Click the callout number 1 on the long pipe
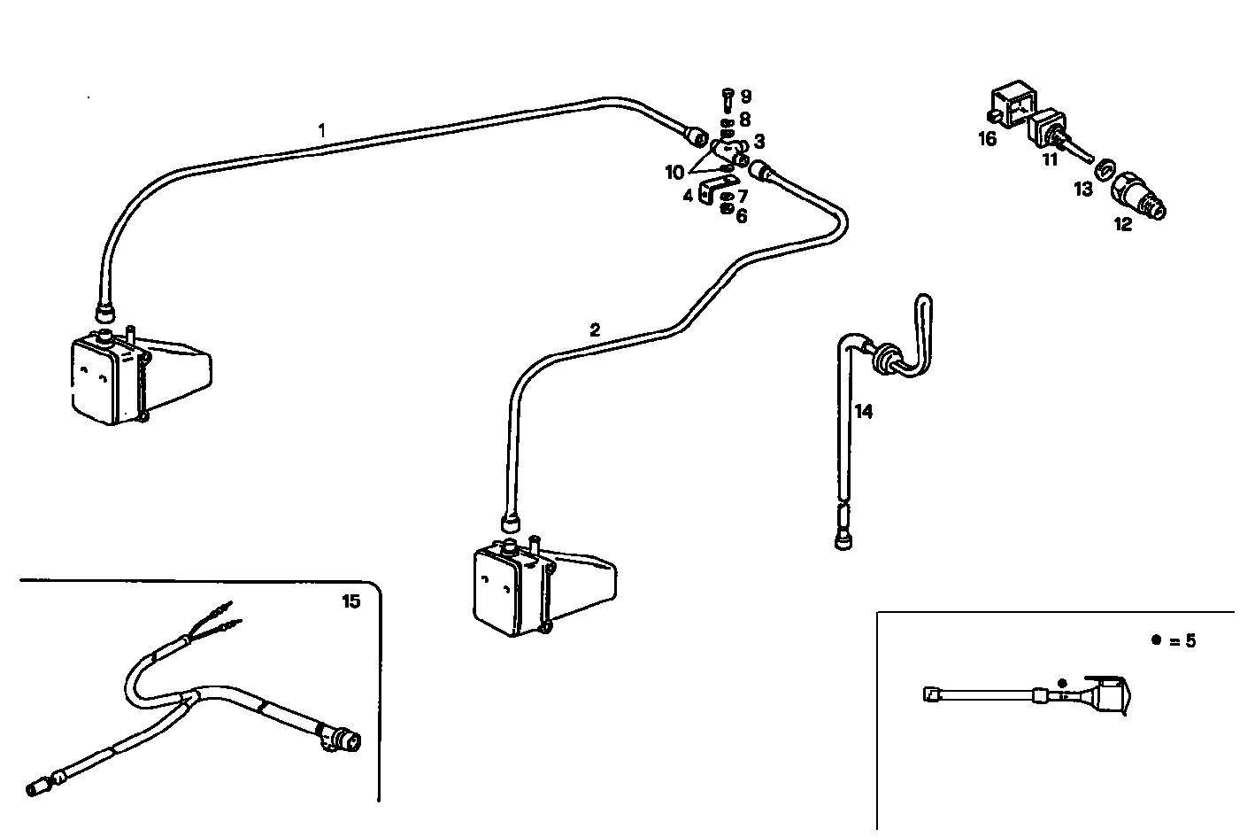[x=322, y=130]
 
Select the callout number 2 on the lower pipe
[x=595, y=330]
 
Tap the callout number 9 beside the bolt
[x=746, y=97]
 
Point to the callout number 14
[x=864, y=412]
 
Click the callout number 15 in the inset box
[x=350, y=602]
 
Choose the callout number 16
[x=988, y=139]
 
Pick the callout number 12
[x=1122, y=225]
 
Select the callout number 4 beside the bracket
[x=688, y=195]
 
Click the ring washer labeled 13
[x=1104, y=167]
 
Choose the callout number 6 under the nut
[x=742, y=216]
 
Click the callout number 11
[x=1050, y=160]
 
